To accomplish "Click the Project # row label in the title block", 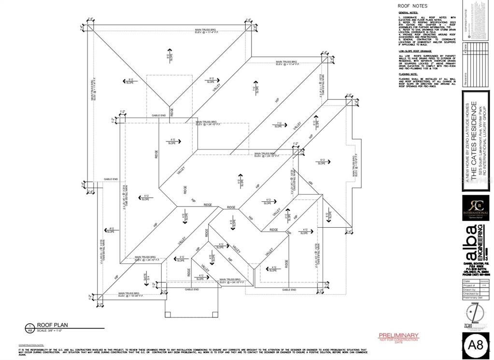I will pyautogui.click(x=469, y=286).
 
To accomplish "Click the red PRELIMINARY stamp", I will pyautogui.click(x=398, y=335).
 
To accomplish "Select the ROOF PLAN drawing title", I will pyautogui.click(x=48, y=325).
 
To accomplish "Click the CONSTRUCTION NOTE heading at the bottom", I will pyautogui.click(x=32, y=345).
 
